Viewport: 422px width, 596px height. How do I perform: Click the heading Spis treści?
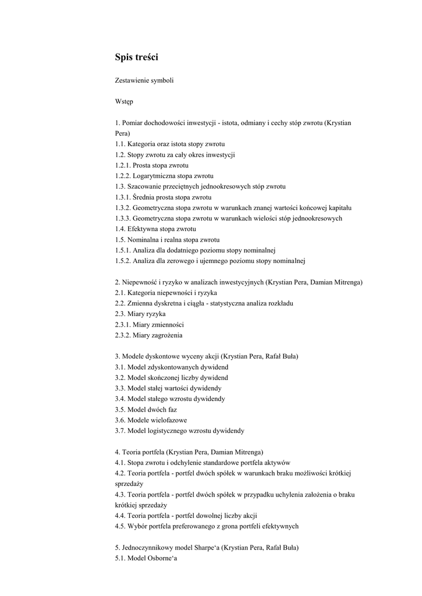coord(137,57)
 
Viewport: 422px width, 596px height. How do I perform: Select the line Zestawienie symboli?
coord(144,80)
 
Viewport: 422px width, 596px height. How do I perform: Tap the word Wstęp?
coord(124,101)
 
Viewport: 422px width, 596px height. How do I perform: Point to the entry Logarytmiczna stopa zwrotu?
coord(173,176)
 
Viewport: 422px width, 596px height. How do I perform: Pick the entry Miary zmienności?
coord(158,324)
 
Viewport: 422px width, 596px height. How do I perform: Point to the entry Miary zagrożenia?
coord(157,335)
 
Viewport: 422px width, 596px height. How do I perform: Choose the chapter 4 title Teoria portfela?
coord(143,452)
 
